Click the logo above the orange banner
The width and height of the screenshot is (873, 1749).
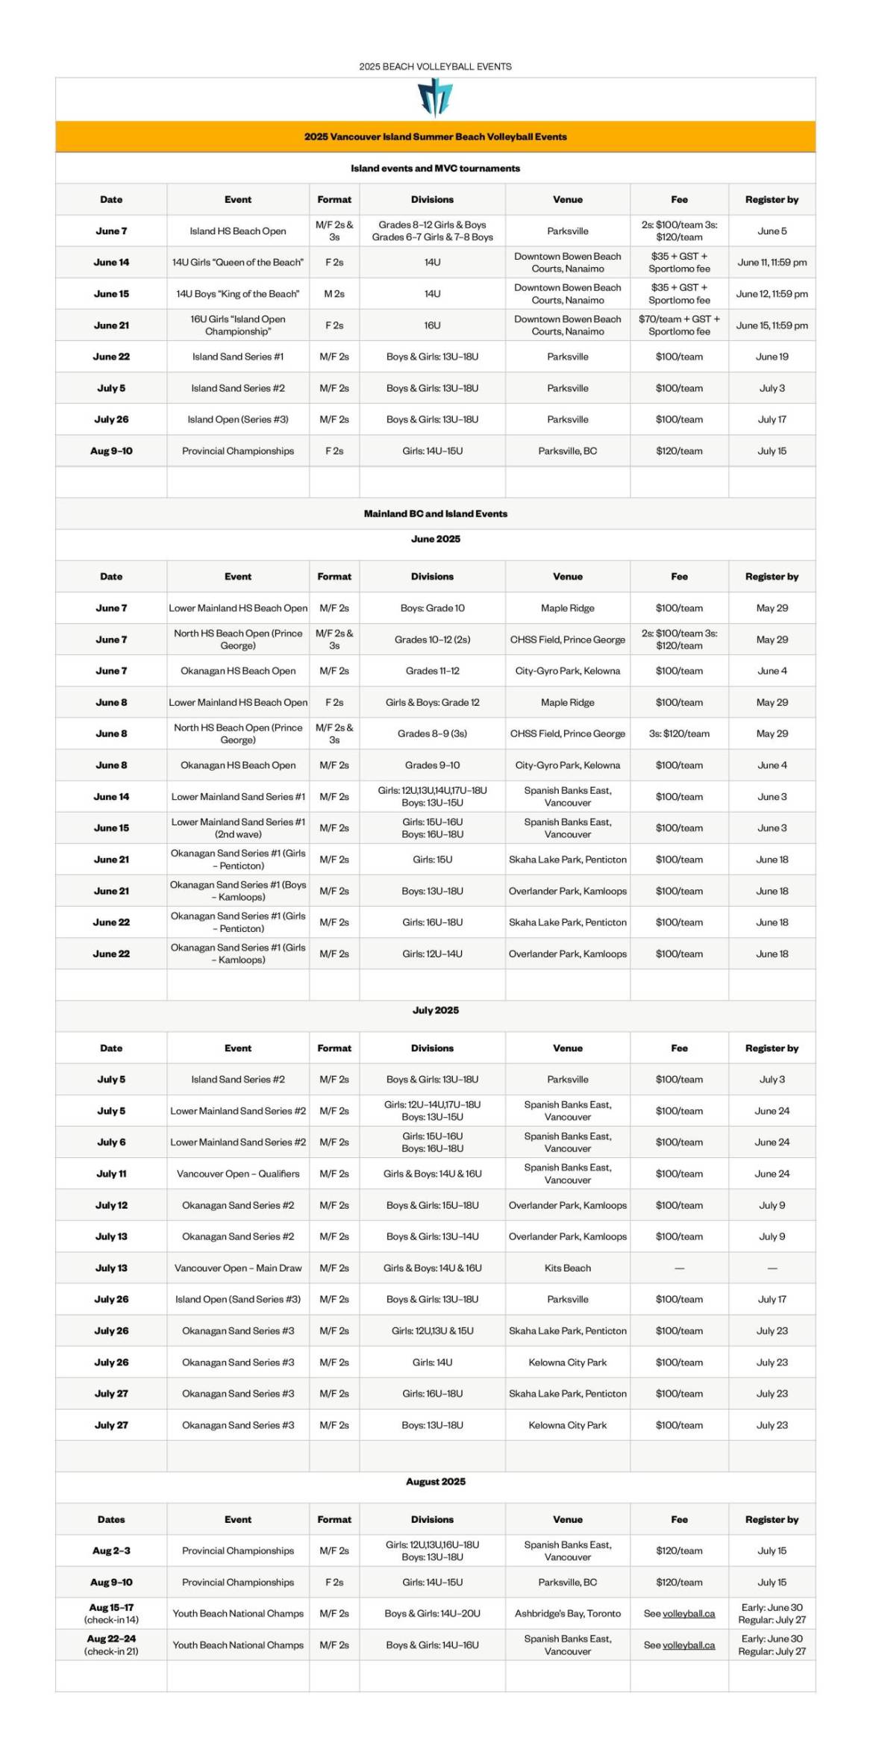435,98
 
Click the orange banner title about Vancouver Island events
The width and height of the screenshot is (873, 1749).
435,137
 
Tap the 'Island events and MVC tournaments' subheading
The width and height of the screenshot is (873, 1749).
435,168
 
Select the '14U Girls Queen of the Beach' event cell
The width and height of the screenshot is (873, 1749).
237,262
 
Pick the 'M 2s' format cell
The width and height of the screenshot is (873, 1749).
334,294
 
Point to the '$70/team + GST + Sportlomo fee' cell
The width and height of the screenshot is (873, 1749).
679,325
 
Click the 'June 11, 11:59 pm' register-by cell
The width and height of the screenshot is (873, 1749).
772,262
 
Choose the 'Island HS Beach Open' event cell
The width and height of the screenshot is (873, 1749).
237,231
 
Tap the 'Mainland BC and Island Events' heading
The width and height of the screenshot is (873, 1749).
435,513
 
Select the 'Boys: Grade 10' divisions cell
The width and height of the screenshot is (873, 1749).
432,608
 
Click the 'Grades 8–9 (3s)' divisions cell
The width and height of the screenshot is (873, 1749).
432,733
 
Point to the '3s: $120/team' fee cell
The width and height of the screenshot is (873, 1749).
679,733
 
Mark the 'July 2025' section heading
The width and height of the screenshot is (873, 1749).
435,1010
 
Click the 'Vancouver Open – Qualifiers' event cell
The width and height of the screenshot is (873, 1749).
237,1174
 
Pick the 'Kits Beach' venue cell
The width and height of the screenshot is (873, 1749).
567,1268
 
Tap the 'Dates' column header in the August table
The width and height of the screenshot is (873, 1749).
111,1519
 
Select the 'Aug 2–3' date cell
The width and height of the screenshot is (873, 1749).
111,1551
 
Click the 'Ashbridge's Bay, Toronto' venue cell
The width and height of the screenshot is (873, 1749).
567,1613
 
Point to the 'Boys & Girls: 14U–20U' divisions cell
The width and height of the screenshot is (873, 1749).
432,1613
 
